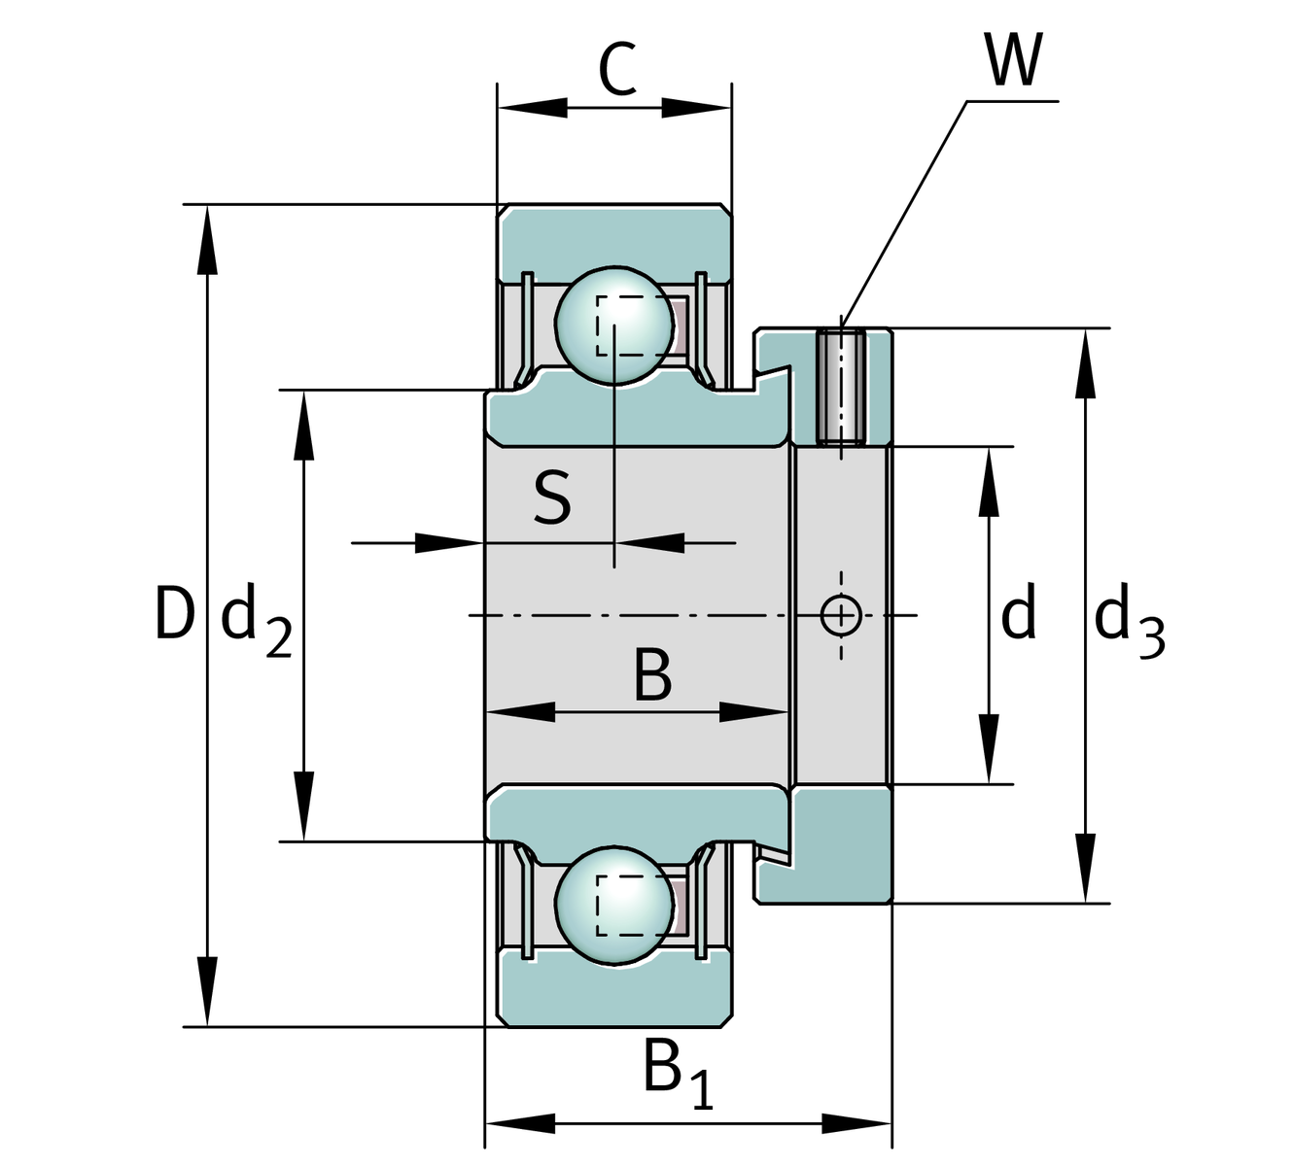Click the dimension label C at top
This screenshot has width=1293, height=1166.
tap(616, 70)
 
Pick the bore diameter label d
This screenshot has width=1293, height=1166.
tap(1018, 614)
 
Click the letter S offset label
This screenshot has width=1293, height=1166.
tap(552, 497)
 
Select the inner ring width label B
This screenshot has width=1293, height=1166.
tap(651, 675)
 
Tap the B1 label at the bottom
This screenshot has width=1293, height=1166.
tap(677, 1074)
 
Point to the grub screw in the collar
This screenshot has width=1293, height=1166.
tap(841, 387)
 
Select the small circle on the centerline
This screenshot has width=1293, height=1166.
tap(841, 615)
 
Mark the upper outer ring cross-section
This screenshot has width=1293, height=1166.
tap(614, 233)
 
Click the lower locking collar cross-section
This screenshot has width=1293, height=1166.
tap(836, 845)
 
